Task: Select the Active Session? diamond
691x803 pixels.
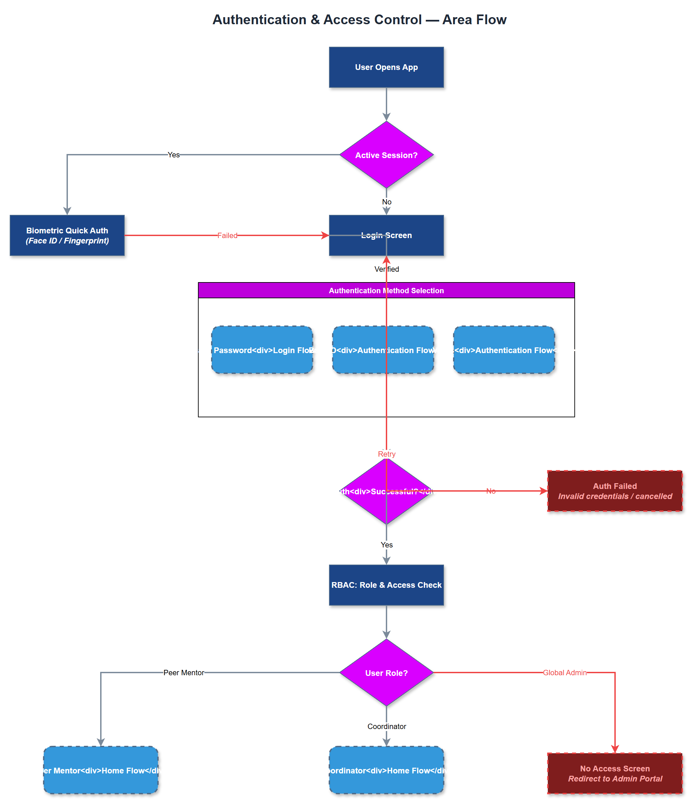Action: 386,155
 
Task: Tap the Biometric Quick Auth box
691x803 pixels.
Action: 67,235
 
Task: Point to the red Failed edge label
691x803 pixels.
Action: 227,235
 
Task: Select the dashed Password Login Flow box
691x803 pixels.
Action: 262,350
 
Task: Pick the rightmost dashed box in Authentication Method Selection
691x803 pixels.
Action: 503,350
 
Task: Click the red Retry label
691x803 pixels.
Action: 386,454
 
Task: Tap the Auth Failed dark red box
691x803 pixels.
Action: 615,491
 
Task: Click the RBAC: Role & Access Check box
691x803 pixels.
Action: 386,585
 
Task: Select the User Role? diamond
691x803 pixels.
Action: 386,673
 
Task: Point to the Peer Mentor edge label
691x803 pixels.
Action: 184,673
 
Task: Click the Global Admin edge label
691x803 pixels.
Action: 564,673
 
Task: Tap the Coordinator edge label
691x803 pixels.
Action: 386,726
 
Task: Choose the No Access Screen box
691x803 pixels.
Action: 615,773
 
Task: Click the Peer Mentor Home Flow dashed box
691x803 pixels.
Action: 101,770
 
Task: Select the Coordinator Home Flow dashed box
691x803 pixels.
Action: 386,770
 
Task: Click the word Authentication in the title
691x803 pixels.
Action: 259,20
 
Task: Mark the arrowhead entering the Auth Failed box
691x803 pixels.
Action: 544,491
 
